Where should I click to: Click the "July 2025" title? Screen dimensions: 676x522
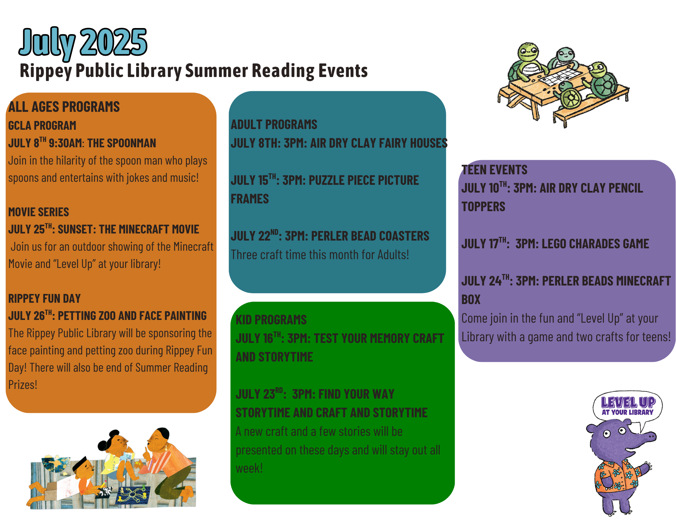coord(83,43)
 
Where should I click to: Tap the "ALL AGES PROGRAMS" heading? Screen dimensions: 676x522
coord(64,107)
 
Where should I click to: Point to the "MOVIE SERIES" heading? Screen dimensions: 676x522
coord(39,212)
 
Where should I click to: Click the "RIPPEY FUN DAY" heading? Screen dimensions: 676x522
coord(44,299)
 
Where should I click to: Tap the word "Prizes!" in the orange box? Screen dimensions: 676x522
coord(23,385)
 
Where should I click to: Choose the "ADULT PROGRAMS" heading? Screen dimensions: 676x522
coord(274,125)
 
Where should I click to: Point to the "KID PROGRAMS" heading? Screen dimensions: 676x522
coord(271,320)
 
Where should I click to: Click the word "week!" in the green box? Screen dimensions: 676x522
coord(249,469)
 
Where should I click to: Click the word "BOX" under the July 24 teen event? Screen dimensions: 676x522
coord(471,300)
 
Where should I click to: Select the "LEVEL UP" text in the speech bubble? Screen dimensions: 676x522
coord(628,402)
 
